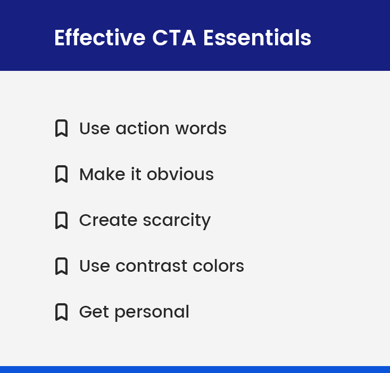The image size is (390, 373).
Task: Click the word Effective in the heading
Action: [x=99, y=37]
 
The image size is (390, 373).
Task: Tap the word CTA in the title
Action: [x=174, y=38]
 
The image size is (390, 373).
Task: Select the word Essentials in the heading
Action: [x=257, y=37]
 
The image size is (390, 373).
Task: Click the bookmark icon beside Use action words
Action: [x=61, y=128]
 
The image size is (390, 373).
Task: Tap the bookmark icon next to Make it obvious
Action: [x=61, y=174]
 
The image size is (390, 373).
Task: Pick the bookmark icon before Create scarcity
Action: [x=61, y=220]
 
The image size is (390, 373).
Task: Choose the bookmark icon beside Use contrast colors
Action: [x=61, y=266]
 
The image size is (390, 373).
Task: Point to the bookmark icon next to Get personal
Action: [x=61, y=312]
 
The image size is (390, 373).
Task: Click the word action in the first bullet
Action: [x=143, y=128]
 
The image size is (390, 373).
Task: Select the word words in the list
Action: [x=201, y=128]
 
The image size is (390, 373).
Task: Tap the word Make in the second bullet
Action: [x=102, y=174]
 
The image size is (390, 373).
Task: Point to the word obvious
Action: [x=180, y=174]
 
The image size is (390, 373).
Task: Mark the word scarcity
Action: [x=177, y=221]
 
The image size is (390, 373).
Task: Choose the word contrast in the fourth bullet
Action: [x=151, y=266]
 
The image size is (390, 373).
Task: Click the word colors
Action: [x=218, y=266]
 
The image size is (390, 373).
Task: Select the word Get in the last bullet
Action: [x=94, y=312]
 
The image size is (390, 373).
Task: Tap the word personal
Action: [x=152, y=312]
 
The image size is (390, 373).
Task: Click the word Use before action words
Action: [x=95, y=128]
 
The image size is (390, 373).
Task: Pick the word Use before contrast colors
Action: [x=95, y=266]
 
